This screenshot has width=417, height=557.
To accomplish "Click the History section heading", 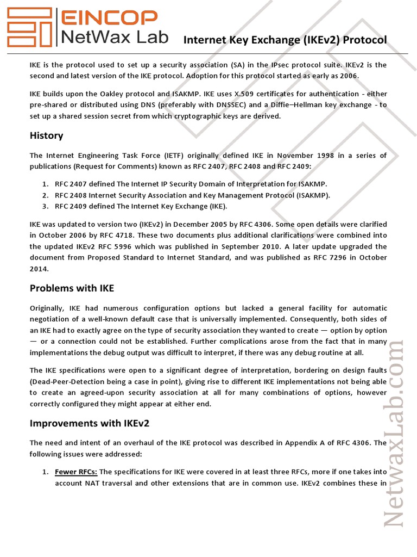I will pos(46,135).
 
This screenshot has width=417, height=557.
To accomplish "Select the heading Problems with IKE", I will pos(72,288).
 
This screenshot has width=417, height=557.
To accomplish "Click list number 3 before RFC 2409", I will pos(45,206).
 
